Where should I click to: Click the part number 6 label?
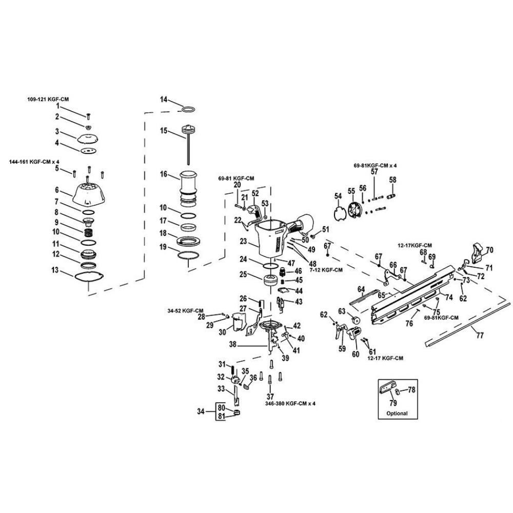coord(57,190)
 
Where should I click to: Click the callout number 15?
coord(164,131)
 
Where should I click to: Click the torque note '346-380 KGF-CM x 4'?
coord(288,404)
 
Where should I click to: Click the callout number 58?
coord(392,180)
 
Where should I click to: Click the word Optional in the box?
coord(397,413)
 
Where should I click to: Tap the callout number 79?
coord(396,403)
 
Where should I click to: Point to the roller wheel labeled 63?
coord(354,323)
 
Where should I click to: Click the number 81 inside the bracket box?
coord(222,416)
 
